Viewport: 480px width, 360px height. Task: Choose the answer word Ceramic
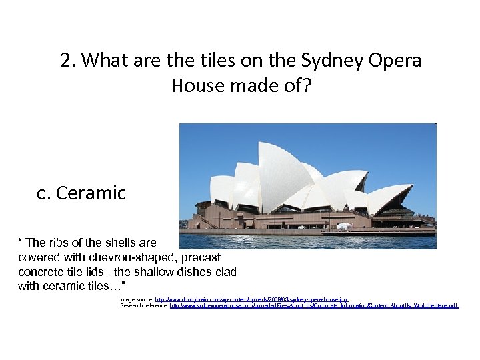91,193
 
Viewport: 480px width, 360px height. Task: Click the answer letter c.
44,193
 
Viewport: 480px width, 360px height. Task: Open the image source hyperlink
251,300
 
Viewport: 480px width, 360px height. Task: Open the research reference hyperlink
314,305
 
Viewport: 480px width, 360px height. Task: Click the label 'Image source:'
137,300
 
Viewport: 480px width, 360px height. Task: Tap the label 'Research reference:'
145,305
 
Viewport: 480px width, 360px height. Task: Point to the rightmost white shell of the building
387,197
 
